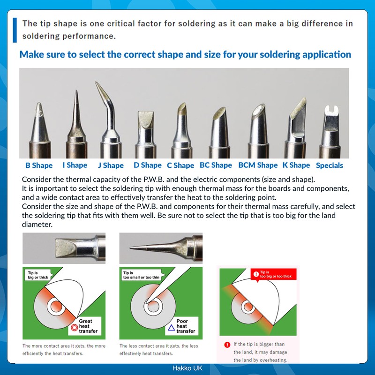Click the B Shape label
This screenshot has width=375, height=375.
coord(39,165)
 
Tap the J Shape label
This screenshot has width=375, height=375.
coord(111,165)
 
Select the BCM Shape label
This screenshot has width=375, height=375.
coord(258,165)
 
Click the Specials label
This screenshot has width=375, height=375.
coord(329,165)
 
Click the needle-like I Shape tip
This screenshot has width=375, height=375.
coord(75,117)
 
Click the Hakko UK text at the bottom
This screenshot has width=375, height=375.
coord(187,368)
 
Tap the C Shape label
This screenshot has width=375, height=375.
coord(180,165)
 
